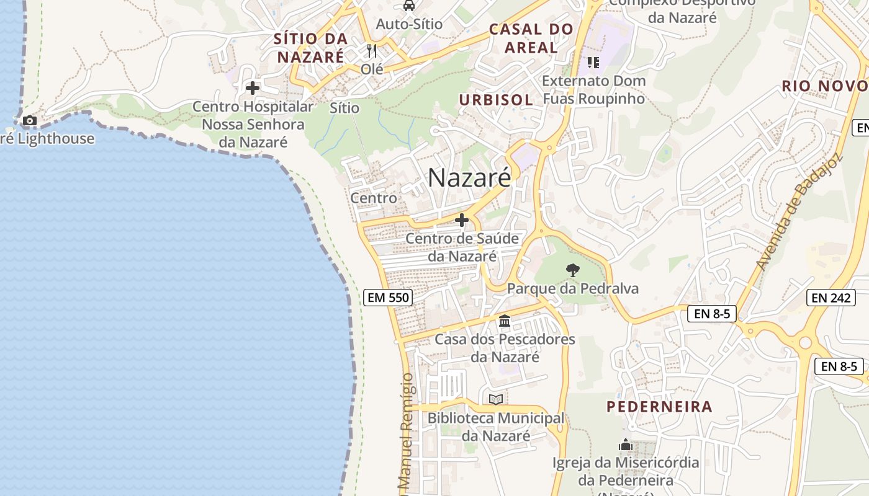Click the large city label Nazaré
point(469,178)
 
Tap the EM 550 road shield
point(389,298)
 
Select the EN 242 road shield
point(831,298)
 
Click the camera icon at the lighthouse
point(29,120)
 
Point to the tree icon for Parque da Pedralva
point(572,270)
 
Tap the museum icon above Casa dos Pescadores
point(505,321)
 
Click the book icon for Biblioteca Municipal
point(495,399)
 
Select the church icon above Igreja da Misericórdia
point(625,445)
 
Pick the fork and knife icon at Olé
point(372,50)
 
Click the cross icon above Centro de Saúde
point(462,220)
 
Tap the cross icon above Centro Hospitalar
point(252,88)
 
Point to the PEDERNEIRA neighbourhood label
point(659,407)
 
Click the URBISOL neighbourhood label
point(496,99)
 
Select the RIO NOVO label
point(823,86)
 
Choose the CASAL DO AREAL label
point(531,38)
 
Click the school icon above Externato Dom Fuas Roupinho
point(593,63)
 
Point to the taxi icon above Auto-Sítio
point(409,6)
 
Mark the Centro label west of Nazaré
point(374,198)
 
